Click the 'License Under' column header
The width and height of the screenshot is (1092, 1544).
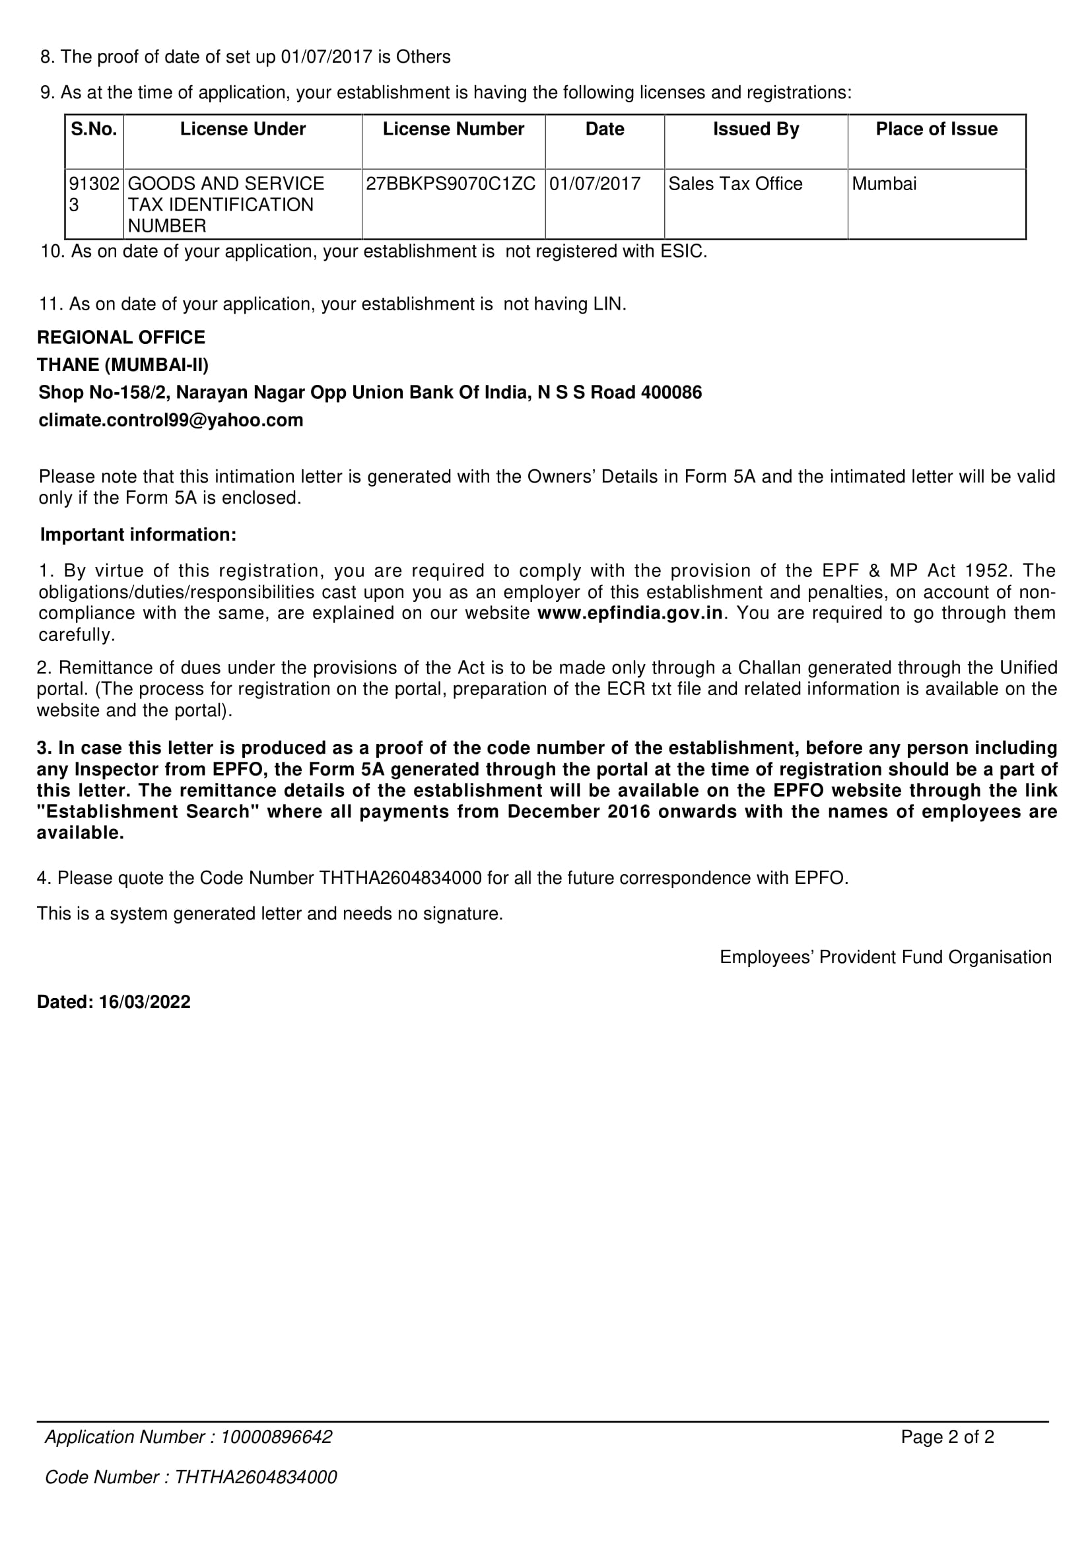click(243, 129)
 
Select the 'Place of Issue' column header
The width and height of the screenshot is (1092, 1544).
click(936, 129)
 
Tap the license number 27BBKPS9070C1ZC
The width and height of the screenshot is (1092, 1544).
click(450, 184)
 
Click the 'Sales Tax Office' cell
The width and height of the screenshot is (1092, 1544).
click(735, 184)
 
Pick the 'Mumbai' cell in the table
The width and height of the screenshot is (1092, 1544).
click(883, 184)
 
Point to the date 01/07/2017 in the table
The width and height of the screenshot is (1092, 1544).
click(595, 184)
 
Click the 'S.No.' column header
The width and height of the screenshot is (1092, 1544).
click(94, 129)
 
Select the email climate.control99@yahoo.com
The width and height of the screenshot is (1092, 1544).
click(171, 420)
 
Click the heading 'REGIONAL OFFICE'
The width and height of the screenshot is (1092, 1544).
click(121, 337)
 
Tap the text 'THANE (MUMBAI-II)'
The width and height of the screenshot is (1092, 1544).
click(123, 365)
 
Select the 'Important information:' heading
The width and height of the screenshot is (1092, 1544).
click(138, 535)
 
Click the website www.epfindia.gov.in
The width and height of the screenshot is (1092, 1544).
click(630, 613)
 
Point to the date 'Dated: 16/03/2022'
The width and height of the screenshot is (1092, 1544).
click(114, 1002)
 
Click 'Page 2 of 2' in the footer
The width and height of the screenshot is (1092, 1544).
click(947, 1437)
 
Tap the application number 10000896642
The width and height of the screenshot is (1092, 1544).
click(276, 1437)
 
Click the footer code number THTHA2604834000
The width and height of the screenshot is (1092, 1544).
click(256, 1477)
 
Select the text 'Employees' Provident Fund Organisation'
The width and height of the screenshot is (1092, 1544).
click(885, 958)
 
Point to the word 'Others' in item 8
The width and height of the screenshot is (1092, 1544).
click(423, 57)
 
